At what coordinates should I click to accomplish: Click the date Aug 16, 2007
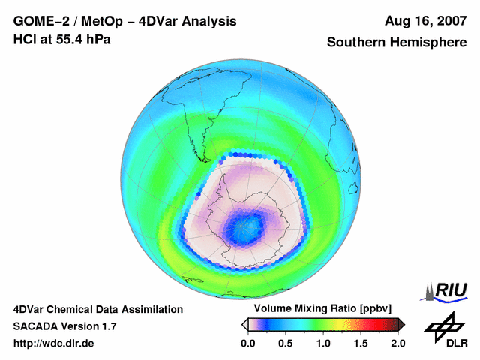(424, 22)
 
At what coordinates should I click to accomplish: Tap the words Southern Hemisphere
(397, 43)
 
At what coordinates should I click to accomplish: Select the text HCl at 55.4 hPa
(61, 39)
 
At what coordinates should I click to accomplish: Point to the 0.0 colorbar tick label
(247, 343)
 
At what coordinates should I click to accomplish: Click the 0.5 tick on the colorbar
(286, 343)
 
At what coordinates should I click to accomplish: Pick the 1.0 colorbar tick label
(323, 343)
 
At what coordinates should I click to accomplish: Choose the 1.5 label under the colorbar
(361, 343)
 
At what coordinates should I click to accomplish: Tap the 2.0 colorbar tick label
(397, 343)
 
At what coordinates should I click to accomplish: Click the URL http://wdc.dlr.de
(54, 343)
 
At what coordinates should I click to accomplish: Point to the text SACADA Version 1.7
(64, 326)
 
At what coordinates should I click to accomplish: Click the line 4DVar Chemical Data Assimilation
(97, 309)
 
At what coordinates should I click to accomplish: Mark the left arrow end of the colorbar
(245, 324)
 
